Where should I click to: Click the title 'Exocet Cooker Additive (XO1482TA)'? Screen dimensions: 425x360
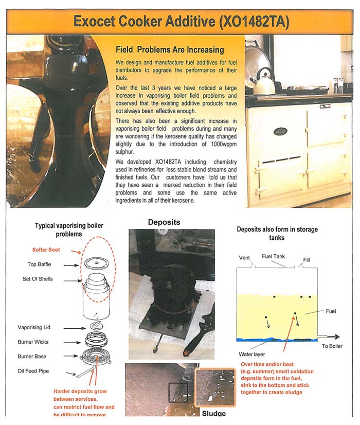181,21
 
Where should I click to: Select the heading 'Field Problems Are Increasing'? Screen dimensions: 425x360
170,50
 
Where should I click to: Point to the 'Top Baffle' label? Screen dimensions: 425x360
40,264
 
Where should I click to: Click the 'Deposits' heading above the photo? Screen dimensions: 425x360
164,222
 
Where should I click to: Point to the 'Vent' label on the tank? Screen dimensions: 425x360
245,257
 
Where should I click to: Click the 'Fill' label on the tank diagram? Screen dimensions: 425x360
307,260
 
